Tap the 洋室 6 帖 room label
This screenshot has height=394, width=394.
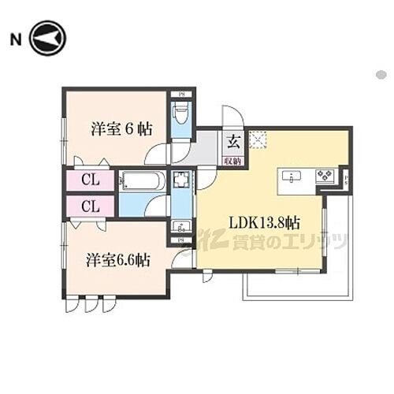pyautogui.click(x=120, y=128)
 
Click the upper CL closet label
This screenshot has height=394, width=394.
pyautogui.click(x=90, y=180)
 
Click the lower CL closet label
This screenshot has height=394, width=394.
pyautogui.click(x=90, y=206)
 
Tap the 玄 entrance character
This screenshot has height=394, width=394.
pyautogui.click(x=233, y=143)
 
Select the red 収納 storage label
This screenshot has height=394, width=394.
pyautogui.click(x=233, y=160)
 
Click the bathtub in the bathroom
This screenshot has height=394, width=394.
pyautogui.click(x=143, y=181)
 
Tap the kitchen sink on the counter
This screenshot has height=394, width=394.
pyautogui.click(x=292, y=177)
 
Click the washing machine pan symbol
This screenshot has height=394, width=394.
pyautogui.click(x=181, y=180)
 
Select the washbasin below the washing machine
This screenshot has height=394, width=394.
pyautogui.click(x=180, y=227)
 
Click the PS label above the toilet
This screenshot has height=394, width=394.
pyautogui.click(x=180, y=94)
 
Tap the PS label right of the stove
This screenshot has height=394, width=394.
pyautogui.click(x=347, y=179)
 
